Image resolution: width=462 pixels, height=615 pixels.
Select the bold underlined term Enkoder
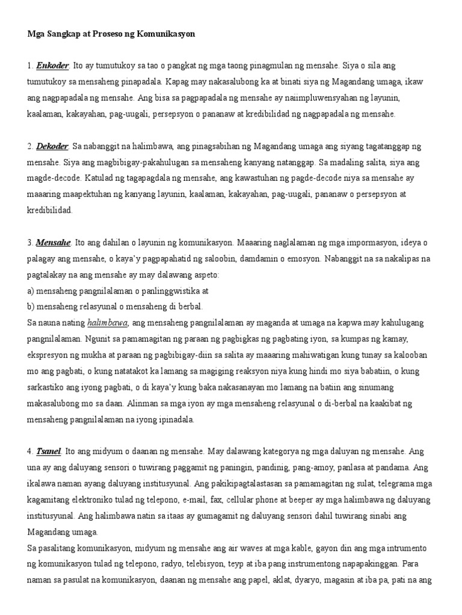[x=52, y=65]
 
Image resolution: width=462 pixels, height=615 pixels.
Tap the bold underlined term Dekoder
[x=53, y=146]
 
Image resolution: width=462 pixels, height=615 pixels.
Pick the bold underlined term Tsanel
[x=49, y=450]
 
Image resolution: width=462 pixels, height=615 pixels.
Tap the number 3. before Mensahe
[x=30, y=243]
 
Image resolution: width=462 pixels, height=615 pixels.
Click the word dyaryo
[x=310, y=581]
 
